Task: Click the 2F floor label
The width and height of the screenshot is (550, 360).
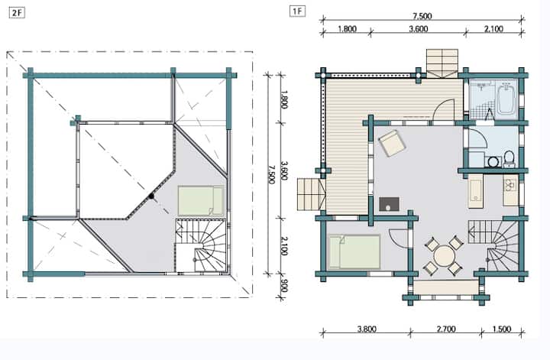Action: tap(17, 13)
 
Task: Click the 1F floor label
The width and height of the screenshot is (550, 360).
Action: tap(297, 11)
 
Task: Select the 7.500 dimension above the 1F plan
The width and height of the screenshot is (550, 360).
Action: tap(422, 16)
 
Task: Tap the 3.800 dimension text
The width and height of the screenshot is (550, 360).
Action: tap(367, 329)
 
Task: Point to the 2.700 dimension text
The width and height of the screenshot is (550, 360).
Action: tap(446, 329)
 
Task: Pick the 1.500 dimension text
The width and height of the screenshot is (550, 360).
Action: tap(502, 329)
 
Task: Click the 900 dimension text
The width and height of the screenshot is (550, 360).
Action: tap(284, 285)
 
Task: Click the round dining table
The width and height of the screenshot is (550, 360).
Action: tap(444, 255)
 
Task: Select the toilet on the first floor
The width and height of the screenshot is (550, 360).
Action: tap(509, 158)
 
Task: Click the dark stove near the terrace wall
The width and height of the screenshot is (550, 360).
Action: tap(389, 204)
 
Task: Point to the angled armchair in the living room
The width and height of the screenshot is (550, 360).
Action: tap(392, 143)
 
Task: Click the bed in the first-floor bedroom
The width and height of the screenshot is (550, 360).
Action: tap(354, 251)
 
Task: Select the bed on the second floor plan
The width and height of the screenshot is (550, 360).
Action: tap(201, 201)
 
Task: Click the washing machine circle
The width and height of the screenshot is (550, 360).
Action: tap(493, 161)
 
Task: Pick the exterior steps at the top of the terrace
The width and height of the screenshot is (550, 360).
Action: tap(442, 63)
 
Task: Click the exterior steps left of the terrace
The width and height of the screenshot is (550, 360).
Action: tap(311, 194)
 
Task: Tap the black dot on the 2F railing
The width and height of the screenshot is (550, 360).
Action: tap(151, 196)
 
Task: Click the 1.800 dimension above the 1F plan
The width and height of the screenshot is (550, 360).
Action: tap(348, 29)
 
